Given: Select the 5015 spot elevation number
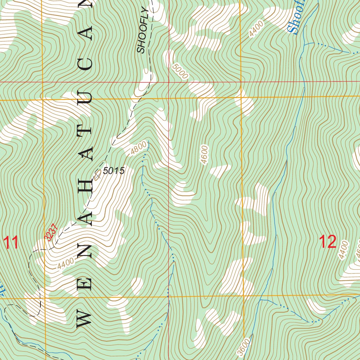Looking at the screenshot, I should click(x=114, y=171).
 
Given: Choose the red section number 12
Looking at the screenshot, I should click(x=328, y=242).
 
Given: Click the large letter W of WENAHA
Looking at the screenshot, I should click(x=84, y=319).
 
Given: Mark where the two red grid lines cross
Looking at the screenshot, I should click(x=169, y=82).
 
